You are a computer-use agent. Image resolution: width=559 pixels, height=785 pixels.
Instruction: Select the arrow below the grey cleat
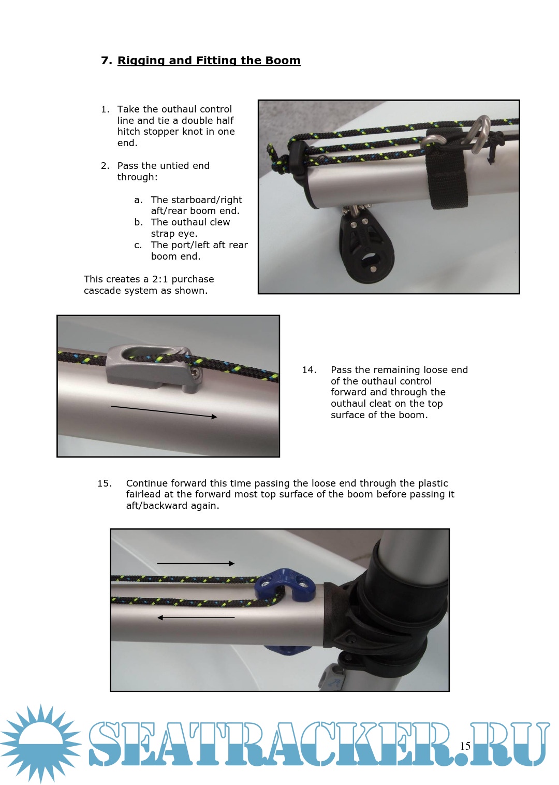tap(164, 411)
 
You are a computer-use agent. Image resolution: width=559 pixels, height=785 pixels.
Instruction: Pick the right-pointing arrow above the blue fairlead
tap(196, 564)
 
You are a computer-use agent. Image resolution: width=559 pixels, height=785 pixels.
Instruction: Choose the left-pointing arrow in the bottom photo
tap(196, 618)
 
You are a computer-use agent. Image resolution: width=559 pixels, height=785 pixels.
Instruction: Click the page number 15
tap(465, 746)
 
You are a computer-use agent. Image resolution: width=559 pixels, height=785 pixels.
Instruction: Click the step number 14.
tap(309, 370)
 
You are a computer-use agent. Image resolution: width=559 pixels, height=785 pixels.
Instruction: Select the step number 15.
tap(105, 483)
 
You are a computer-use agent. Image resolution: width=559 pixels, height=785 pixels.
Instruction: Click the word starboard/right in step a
tap(196, 200)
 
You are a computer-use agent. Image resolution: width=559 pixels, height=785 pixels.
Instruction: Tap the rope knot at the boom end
tap(276, 160)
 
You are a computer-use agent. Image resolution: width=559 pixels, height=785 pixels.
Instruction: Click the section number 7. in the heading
tap(107, 60)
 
